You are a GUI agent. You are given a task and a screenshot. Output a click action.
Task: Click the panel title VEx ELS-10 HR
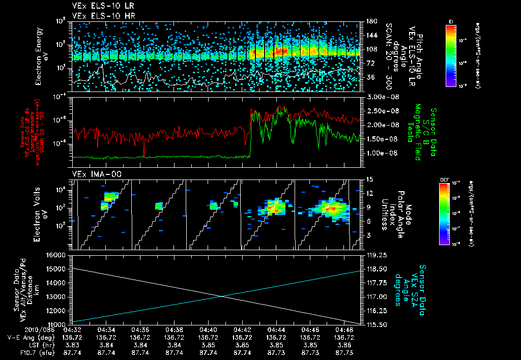click(x=100, y=16)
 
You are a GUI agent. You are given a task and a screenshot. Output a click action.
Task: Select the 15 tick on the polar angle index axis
click(x=369, y=179)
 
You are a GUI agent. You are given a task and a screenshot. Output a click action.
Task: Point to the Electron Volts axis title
click(x=42, y=214)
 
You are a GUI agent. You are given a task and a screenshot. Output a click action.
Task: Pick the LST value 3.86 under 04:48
click(x=343, y=344)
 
